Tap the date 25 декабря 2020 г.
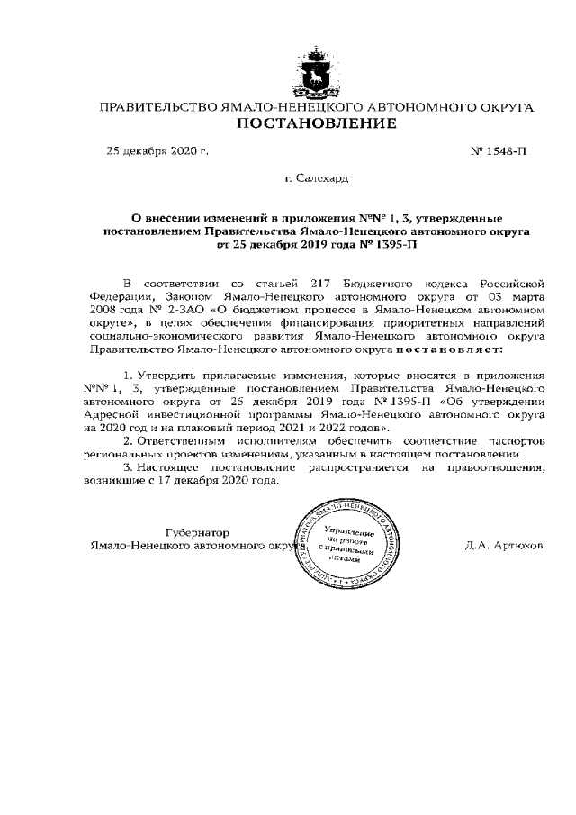(x=157, y=151)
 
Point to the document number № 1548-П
(x=499, y=151)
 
